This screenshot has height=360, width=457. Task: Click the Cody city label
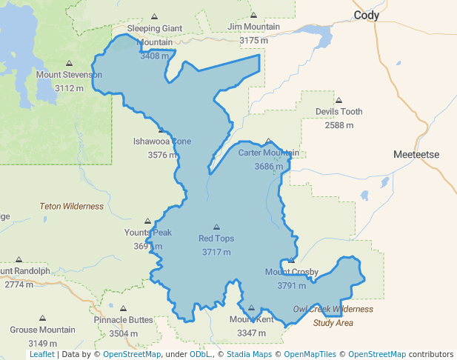pos(366,16)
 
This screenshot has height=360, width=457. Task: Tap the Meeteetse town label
pos(416,154)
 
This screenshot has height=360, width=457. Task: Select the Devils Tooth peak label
pos(338,112)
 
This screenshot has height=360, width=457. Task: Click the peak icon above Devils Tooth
pos(338,101)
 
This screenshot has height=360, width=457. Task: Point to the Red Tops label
pos(216,239)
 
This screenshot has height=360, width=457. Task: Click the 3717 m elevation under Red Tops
pos(216,252)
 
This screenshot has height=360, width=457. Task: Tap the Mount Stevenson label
pos(69,75)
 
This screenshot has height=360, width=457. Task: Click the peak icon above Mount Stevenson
pos(70,64)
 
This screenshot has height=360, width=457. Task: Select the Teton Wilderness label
pos(72,207)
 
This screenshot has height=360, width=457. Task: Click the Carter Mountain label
pos(268,153)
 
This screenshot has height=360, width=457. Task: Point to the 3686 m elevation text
pos(268,167)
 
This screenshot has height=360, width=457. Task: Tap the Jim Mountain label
pos(254,27)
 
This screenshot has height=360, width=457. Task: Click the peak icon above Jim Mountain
pos(254,16)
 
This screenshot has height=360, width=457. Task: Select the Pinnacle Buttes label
pos(124,320)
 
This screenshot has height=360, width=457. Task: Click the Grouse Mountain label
pos(42,330)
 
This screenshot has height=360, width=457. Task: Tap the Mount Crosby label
pos(292,272)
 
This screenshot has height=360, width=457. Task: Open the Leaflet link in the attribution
pos(41,354)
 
